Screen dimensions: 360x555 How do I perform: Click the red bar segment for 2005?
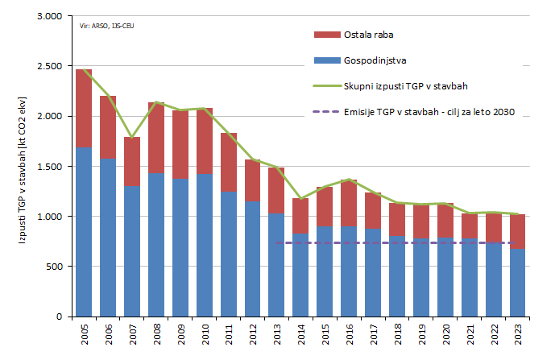pyautogui.click(x=84, y=109)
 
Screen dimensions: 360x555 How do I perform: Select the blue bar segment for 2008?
pyautogui.click(x=156, y=245)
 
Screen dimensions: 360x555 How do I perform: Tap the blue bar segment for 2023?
pyautogui.click(x=518, y=283)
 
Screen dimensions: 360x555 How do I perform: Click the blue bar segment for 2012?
pyautogui.click(x=253, y=259)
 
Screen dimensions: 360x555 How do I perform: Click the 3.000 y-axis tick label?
pyautogui.click(x=50, y=16)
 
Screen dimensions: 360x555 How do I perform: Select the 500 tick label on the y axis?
pyautogui.click(x=54, y=267)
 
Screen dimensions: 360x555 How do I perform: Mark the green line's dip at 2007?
pyautogui.click(x=132, y=138)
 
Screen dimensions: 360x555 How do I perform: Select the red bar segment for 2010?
pyautogui.click(x=205, y=141)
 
